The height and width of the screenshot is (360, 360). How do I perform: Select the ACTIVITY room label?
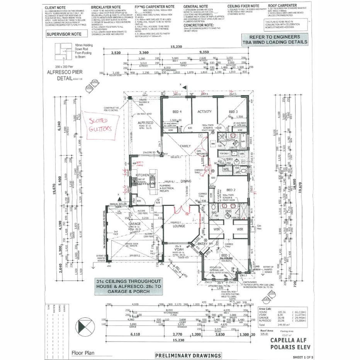coord(205,112)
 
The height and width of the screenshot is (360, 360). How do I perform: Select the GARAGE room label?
coord(134,224)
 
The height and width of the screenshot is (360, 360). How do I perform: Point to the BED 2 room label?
coord(231,190)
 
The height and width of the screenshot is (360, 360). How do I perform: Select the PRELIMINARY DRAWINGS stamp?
coord(188,355)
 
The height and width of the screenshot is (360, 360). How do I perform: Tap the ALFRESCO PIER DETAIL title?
coord(62,75)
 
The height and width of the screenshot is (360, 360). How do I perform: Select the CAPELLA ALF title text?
coord(286,340)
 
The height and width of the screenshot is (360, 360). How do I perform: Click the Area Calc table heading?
coord(265,309)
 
